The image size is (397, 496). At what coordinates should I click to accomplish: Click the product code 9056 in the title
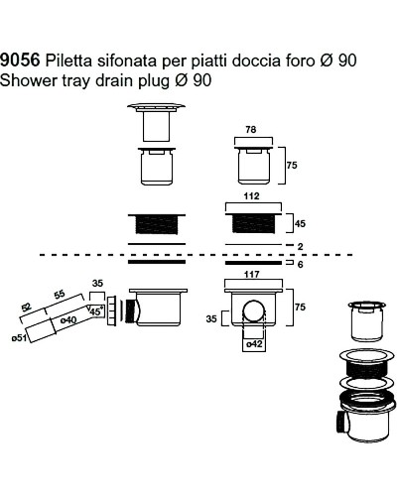coord(20,60)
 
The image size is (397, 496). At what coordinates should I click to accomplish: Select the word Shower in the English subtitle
coord(29,80)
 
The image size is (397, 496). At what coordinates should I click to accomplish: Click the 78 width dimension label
coord(251,130)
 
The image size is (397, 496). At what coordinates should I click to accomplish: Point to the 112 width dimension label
coord(251,196)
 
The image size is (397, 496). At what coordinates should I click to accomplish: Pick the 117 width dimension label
coord(252,274)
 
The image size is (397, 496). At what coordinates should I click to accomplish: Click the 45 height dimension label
coord(300,224)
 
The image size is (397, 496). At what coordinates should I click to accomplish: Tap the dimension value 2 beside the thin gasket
coord(300,246)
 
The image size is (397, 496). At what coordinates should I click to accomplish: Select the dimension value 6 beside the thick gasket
coord(300,265)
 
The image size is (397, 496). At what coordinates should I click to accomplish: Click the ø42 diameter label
coord(254,344)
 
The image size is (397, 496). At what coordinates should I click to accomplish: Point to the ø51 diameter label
coord(19,338)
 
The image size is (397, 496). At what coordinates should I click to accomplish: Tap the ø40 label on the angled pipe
coord(68,320)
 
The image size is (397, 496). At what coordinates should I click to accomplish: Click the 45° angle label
coord(96,311)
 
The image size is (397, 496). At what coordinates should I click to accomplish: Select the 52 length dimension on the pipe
coord(26,308)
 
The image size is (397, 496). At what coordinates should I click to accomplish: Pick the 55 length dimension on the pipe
coord(60,295)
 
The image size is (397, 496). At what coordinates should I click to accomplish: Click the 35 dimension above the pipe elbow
coord(97,284)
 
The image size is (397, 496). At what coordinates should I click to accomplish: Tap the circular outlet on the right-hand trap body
coord(254,311)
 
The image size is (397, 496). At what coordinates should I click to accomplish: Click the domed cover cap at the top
coord(156,105)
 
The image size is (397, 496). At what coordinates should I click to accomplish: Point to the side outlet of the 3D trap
coord(342,420)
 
